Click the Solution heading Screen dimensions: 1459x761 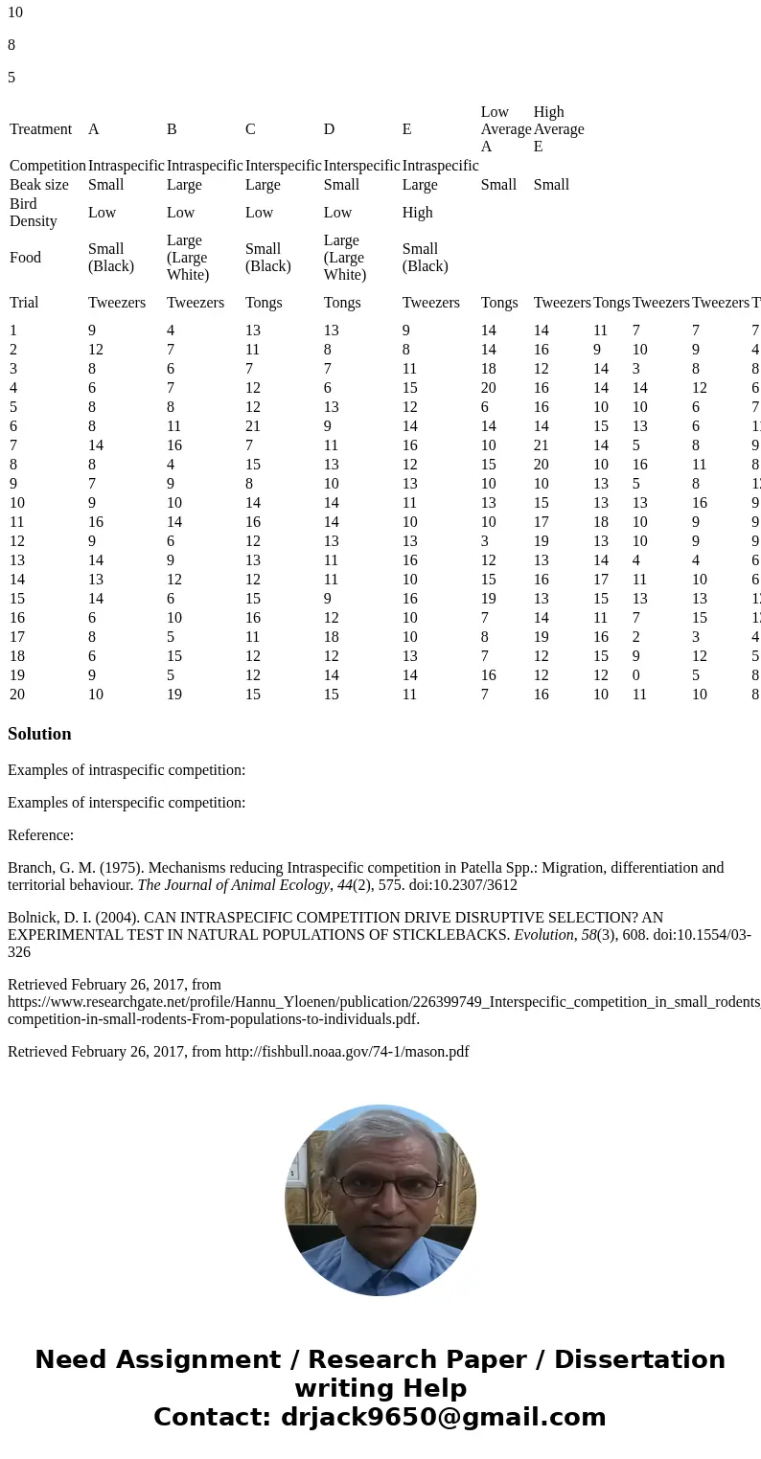[x=39, y=734]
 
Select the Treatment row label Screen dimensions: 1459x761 [x=40, y=129]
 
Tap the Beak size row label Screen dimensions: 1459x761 [x=38, y=185]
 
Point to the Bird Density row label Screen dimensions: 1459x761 [x=33, y=213]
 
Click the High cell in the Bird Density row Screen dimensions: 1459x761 [x=417, y=213]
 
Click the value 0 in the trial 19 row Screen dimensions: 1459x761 [x=636, y=675]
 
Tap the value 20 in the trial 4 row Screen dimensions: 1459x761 [x=489, y=388]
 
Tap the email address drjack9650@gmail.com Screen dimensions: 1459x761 [x=444, y=1418]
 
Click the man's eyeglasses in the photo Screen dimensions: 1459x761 [x=380, y=1186]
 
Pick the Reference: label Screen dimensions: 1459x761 [x=40, y=835]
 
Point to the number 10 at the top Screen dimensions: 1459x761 [x=15, y=13]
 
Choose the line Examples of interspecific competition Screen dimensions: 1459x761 [x=127, y=803]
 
